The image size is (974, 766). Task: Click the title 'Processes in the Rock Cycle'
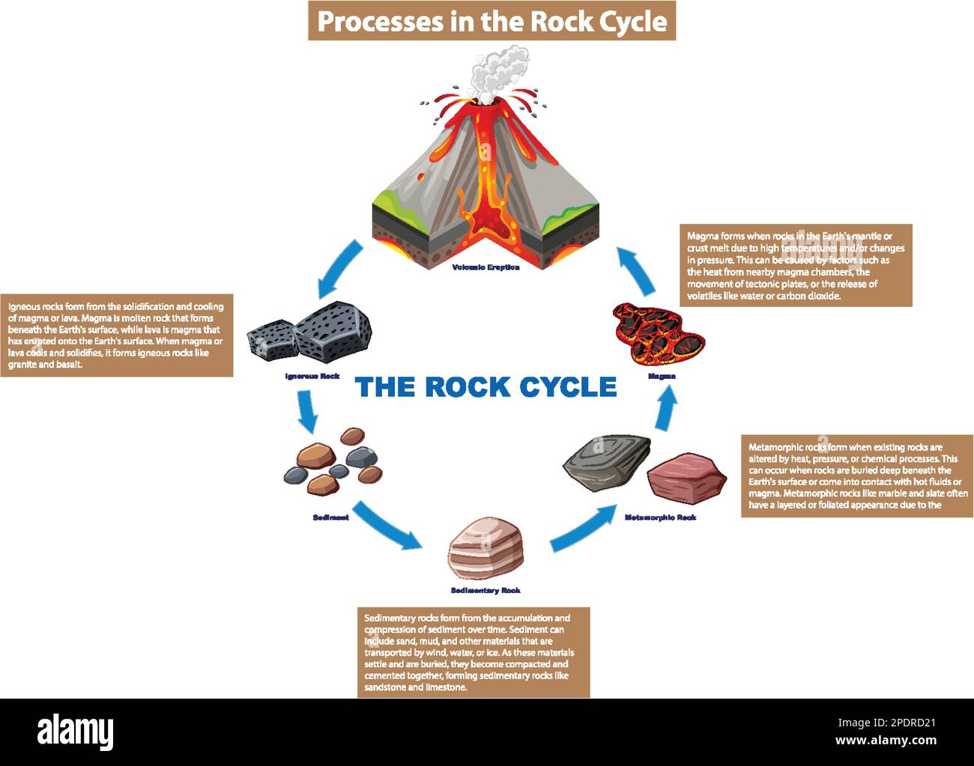[491, 21]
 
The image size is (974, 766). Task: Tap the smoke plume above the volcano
[496, 71]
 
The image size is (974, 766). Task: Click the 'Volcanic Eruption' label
[486, 267]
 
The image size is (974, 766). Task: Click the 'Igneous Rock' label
[312, 376]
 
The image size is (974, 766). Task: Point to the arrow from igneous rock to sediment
[306, 411]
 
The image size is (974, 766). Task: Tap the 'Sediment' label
[330, 517]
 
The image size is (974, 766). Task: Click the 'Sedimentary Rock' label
[486, 591]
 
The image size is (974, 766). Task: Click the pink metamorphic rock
[686, 476]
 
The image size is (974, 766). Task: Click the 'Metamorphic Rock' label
[660, 517]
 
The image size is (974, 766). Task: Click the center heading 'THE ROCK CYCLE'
[486, 387]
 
